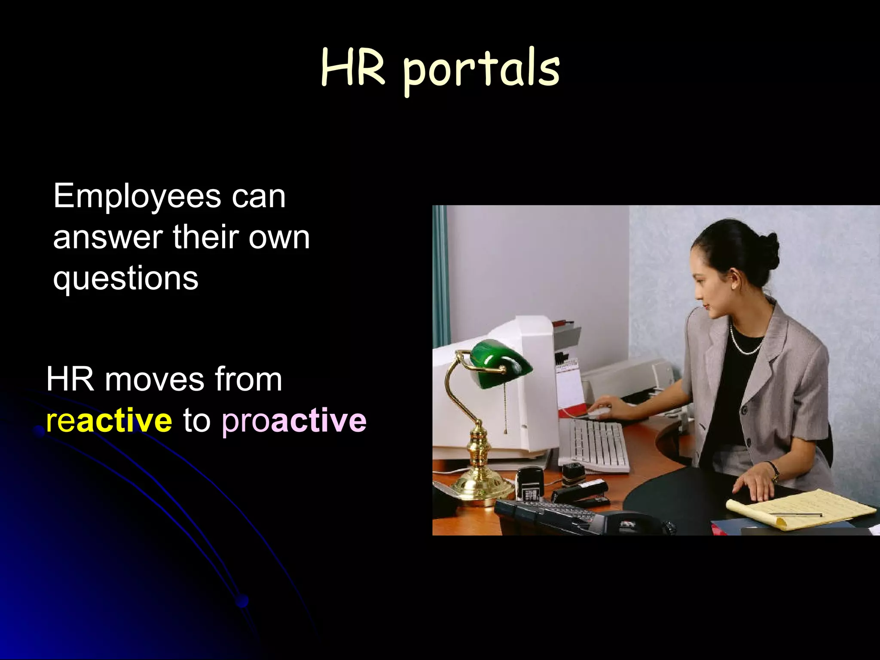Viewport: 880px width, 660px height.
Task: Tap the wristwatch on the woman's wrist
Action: [x=776, y=473]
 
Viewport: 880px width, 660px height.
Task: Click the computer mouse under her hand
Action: [x=599, y=412]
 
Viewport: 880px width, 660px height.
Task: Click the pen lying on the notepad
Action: [x=795, y=514]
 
